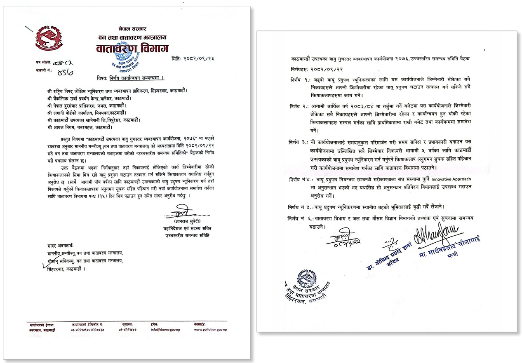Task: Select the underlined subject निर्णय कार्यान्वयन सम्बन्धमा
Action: [137, 77]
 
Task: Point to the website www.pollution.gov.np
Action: [210, 330]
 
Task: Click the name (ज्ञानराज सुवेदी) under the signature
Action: [180, 221]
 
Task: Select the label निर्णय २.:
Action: [298, 107]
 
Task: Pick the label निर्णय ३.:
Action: [298, 142]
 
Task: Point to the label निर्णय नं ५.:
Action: [301, 206]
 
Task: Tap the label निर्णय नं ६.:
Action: [301, 218]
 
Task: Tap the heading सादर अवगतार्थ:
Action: [57, 246]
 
